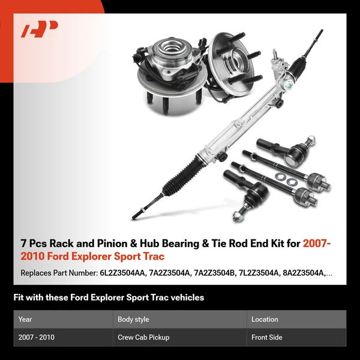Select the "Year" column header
pos(25,319)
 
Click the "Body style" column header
pos(133,319)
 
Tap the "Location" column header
pos(265,319)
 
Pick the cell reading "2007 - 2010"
pos(36,337)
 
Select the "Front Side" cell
pos(268,337)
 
